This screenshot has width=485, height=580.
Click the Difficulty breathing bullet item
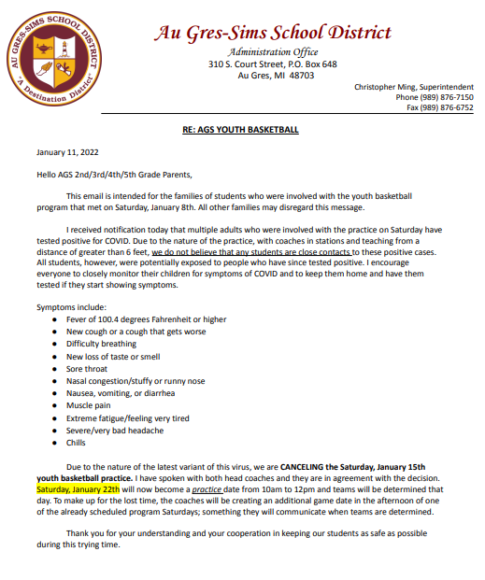point(101,344)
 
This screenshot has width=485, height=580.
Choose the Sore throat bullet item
point(87,369)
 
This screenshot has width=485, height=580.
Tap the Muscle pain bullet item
point(90,405)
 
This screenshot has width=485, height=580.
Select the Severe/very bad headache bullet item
point(114,430)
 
